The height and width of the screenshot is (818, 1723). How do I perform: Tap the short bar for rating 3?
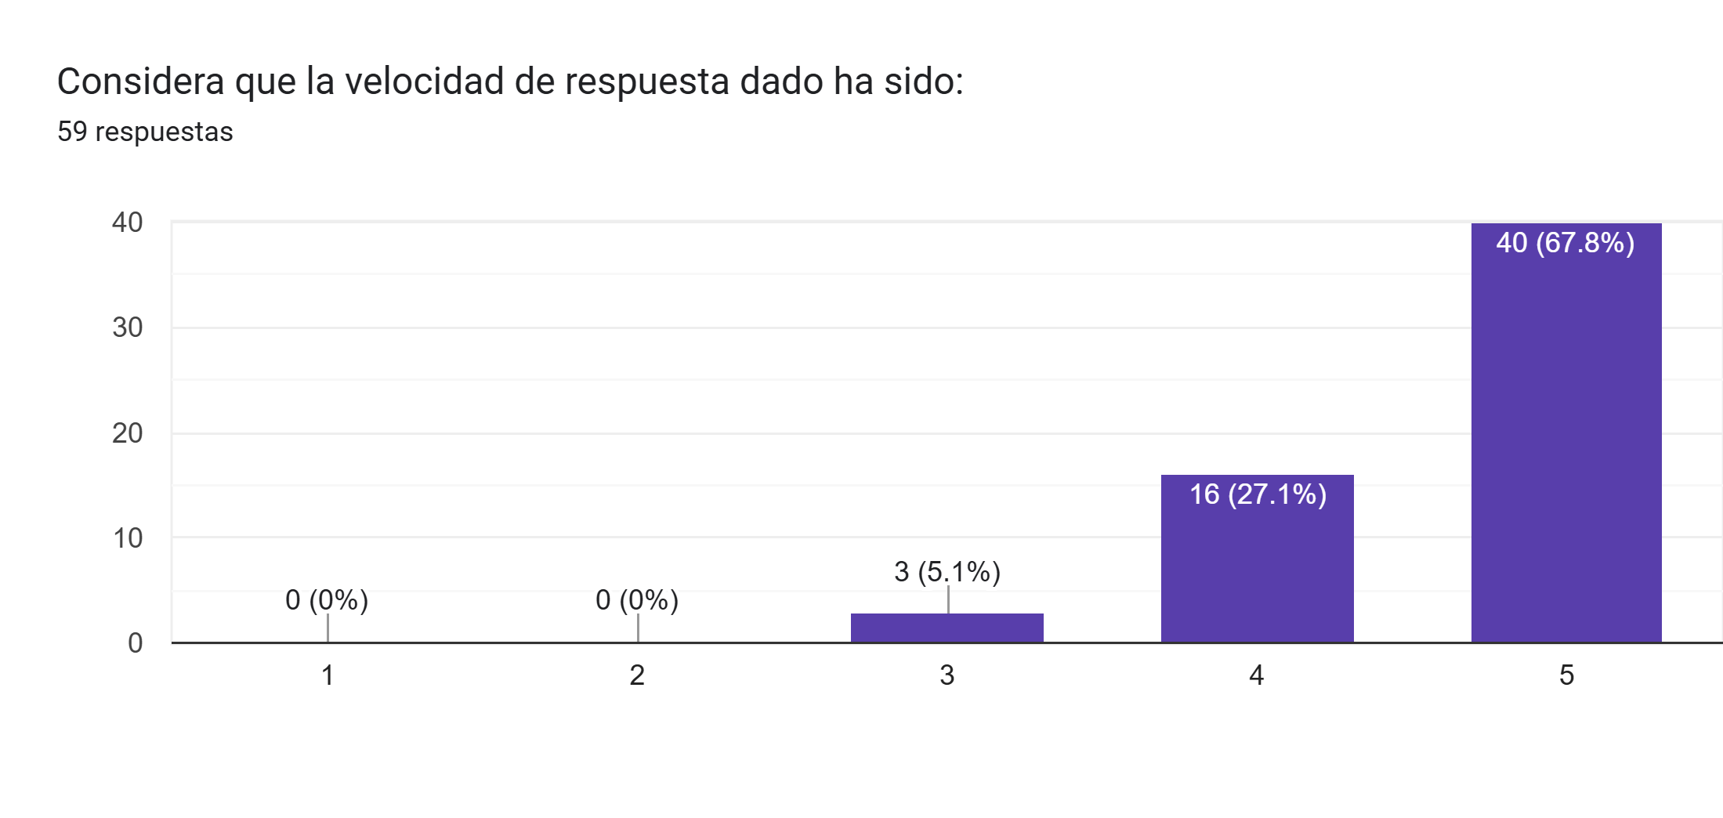tap(947, 628)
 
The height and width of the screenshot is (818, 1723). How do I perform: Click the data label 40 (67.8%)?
tap(1566, 243)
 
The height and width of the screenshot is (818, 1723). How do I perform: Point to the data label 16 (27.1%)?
tap(1258, 494)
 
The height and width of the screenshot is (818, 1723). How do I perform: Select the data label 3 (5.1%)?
tap(947, 572)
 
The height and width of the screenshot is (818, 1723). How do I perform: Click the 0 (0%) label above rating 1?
tap(327, 600)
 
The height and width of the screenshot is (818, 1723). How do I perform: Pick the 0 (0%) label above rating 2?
tap(637, 600)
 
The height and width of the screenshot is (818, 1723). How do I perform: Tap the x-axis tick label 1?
tap(328, 675)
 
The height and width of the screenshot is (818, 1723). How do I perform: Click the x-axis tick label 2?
tap(637, 675)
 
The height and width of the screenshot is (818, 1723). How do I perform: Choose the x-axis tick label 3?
tap(947, 675)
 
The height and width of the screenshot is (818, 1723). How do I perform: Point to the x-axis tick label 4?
tap(1257, 675)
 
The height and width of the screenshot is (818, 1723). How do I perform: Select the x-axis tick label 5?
tap(1566, 675)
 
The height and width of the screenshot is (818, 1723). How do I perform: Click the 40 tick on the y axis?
tap(128, 223)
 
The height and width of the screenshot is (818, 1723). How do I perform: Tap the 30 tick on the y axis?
tap(128, 328)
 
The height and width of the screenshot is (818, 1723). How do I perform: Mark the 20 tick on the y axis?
tap(128, 433)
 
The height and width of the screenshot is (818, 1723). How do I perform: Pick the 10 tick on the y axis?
tap(128, 538)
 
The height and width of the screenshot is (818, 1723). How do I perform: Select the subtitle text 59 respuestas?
tap(145, 132)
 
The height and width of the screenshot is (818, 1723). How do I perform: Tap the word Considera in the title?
tap(141, 81)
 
